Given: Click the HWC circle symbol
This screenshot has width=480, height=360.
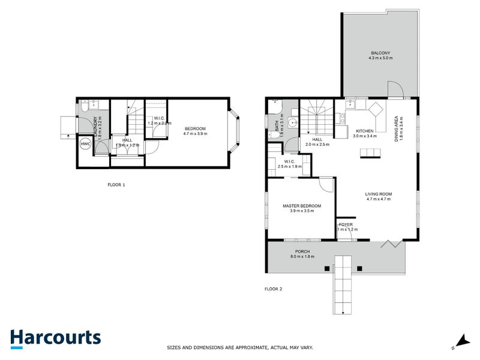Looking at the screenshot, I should (x=85, y=144).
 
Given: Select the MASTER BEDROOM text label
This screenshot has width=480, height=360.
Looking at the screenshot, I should (x=302, y=206).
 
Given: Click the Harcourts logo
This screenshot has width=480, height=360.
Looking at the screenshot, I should (x=55, y=337).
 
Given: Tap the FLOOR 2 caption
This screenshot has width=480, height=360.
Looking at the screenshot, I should (x=273, y=289).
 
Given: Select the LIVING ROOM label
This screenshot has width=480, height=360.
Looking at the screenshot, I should (x=378, y=193).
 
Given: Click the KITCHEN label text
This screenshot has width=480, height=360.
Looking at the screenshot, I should (x=364, y=131).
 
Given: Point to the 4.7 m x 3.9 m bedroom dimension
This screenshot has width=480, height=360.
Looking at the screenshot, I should (x=195, y=134).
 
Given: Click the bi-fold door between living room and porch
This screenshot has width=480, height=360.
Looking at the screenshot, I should (x=391, y=243).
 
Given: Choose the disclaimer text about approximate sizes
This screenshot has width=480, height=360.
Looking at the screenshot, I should (x=239, y=347).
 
